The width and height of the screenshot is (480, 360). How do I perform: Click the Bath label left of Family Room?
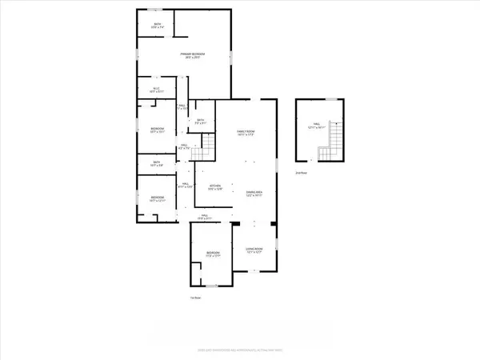pyautogui.click(x=201, y=122)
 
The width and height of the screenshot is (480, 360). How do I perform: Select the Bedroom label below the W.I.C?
pyautogui.click(x=157, y=130)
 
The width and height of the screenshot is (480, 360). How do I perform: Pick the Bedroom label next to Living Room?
pyautogui.click(x=212, y=254)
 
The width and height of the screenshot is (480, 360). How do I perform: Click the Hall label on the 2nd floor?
pyautogui.click(x=315, y=125)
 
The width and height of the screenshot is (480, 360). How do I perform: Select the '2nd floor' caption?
pyautogui.click(x=301, y=171)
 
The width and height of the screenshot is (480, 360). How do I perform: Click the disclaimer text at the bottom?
pyautogui.click(x=239, y=350)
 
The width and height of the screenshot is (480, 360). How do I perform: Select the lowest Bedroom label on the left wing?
pyautogui.click(x=157, y=198)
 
